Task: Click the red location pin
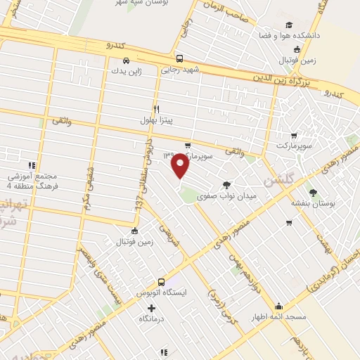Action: click(x=180, y=165)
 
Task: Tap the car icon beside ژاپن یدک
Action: click(x=126, y=60)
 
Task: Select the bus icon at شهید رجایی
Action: click(x=180, y=59)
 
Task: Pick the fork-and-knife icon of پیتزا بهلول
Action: click(x=157, y=109)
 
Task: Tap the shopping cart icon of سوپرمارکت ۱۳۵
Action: click(x=186, y=145)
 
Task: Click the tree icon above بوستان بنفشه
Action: click(x=313, y=192)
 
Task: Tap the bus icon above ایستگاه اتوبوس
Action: click(x=162, y=283)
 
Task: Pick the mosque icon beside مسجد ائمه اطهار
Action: click(x=279, y=306)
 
